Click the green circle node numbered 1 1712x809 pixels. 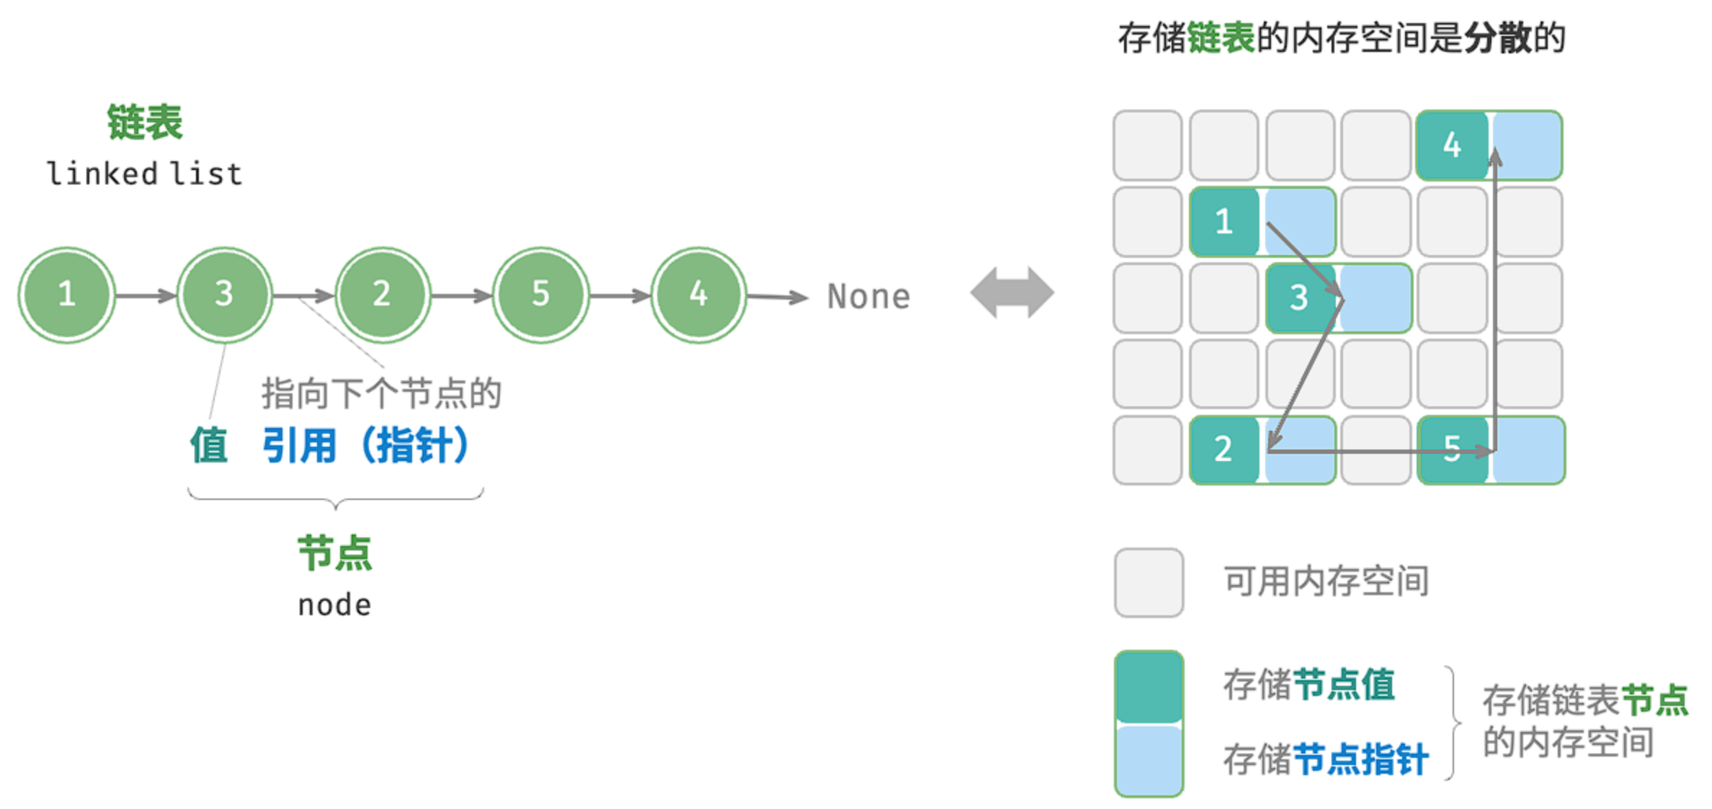[66, 295]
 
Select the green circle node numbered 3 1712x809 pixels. [225, 295]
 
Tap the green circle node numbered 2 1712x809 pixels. [383, 295]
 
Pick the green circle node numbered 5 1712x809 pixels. [540, 295]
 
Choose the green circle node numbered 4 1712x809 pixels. [698, 295]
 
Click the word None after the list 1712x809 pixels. [869, 296]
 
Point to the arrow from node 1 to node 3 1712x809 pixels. [146, 295]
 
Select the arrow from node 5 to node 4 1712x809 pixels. [620, 295]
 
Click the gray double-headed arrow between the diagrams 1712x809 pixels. [1012, 292]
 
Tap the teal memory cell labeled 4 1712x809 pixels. [1452, 145]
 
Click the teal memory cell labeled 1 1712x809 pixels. [1224, 221]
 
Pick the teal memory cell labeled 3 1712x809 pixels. [1301, 298]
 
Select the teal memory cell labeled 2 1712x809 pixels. [1224, 450]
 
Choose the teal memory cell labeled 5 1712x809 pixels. [1452, 450]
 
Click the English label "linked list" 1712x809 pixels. [145, 174]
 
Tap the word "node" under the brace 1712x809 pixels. [334, 605]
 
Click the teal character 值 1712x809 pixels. [209, 444]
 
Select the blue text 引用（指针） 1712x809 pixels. [366, 445]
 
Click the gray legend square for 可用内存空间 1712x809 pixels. [1149, 582]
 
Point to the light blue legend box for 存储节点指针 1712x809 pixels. [1149, 760]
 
